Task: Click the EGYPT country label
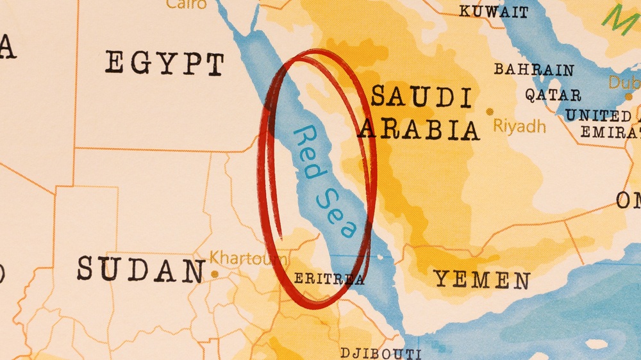165,64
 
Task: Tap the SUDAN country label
140,269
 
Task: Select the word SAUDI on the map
421,97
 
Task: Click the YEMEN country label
482,279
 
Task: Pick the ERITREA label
329,279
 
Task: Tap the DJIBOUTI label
380,353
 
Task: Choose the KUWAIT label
494,12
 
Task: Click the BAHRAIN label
533,70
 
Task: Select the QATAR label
553,95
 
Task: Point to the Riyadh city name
519,126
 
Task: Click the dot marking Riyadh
490,111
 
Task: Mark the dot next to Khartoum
214,274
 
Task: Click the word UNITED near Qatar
597,116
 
